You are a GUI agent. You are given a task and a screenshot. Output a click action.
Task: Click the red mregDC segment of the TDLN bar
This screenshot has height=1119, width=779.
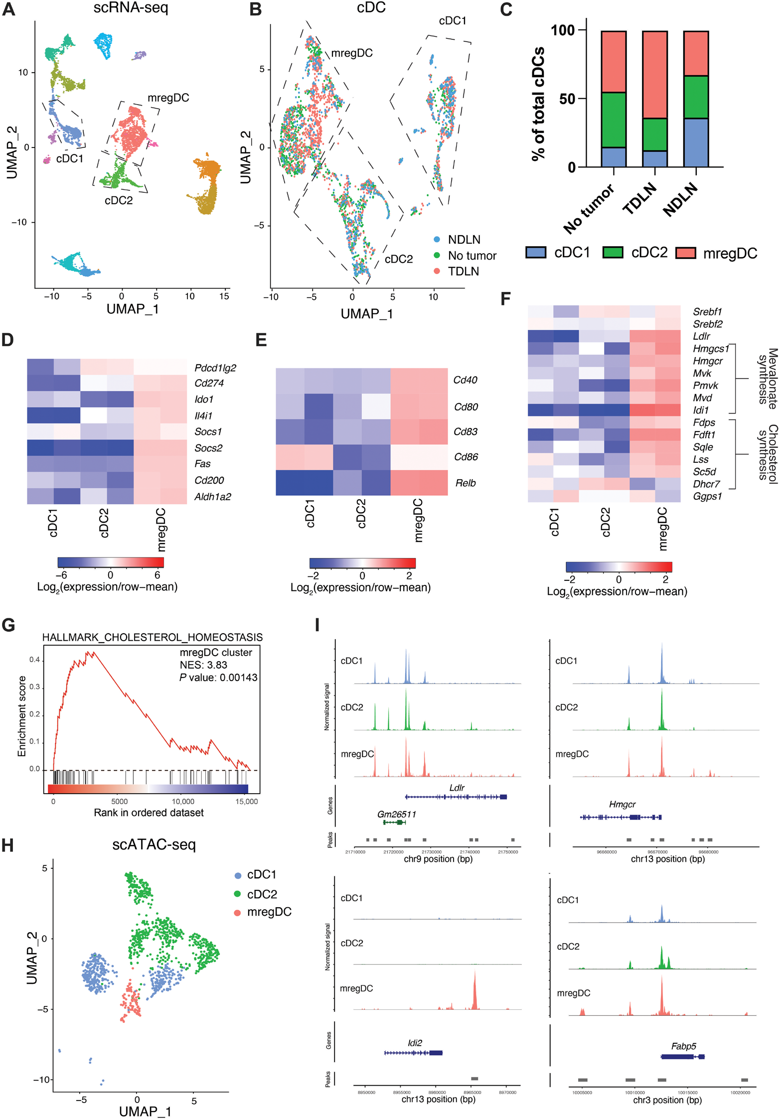(654, 75)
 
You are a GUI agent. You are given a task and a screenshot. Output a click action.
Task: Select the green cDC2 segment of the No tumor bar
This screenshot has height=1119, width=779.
(614, 120)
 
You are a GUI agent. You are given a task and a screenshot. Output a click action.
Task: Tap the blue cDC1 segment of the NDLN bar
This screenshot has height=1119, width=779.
(696, 142)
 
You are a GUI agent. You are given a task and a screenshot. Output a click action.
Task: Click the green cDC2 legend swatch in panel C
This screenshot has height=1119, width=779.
(613, 253)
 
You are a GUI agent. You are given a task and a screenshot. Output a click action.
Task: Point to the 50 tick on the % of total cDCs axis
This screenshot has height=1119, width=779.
(567, 99)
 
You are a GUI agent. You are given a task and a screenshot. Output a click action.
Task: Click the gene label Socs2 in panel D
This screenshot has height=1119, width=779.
(208, 448)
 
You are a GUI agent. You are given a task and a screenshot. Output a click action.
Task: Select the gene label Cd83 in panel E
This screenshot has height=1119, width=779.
(466, 431)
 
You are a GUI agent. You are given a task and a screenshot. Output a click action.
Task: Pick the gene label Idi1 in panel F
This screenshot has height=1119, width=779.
(701, 410)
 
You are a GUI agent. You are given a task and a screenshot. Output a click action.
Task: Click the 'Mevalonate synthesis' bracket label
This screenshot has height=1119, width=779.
(767, 379)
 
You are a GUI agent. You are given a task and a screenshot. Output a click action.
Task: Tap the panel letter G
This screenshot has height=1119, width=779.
(8, 625)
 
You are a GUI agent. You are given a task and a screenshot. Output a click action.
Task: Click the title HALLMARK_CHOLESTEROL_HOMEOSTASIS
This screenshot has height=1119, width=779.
(152, 637)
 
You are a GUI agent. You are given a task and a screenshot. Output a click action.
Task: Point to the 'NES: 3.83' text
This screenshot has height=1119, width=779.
(203, 665)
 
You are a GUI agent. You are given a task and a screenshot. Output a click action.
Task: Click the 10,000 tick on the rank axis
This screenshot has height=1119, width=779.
(183, 801)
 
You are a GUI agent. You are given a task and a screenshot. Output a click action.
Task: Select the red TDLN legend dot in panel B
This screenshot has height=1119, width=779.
(437, 271)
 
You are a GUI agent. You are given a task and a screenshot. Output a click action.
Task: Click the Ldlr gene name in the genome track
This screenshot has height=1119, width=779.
(457, 788)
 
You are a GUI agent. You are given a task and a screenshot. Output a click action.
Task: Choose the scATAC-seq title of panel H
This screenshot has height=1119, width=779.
(154, 844)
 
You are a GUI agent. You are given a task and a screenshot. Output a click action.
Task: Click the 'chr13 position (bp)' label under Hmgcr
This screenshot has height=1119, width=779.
(667, 859)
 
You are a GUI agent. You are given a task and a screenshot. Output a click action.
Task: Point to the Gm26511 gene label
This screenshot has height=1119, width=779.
(396, 814)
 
